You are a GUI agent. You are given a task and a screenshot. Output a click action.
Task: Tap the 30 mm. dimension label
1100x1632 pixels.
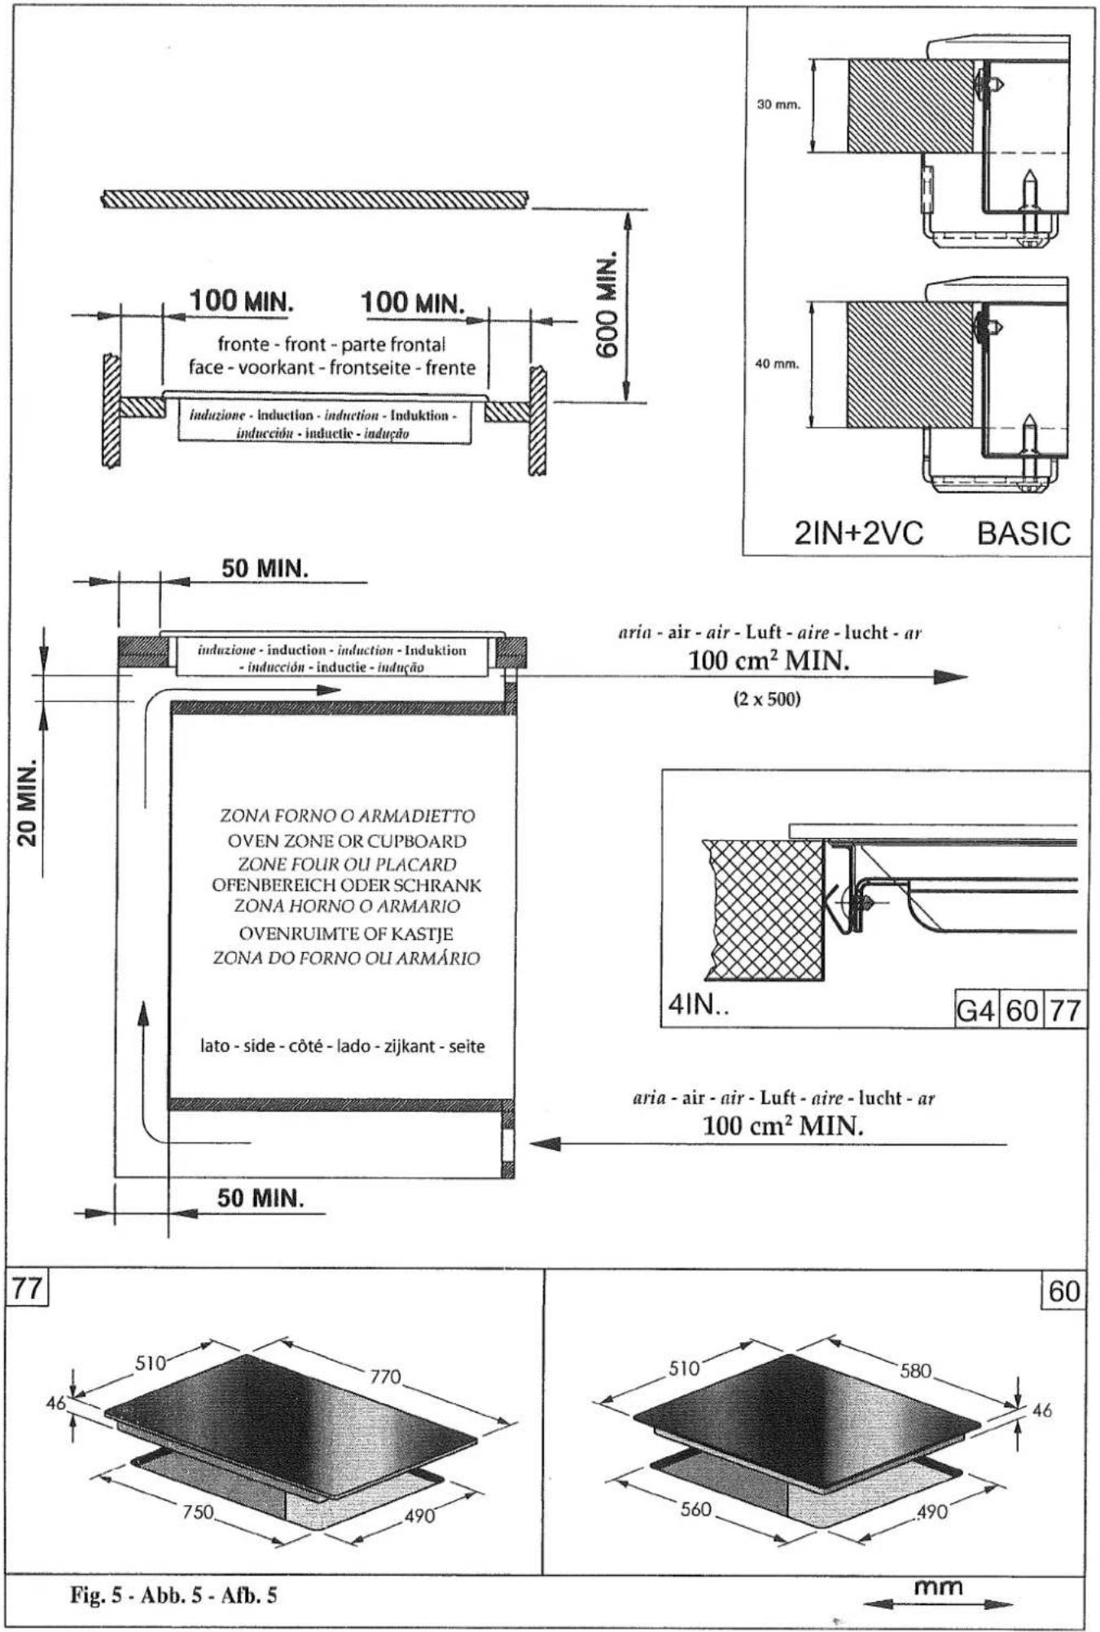779,105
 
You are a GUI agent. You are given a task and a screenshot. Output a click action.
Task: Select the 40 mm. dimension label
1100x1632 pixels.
778,364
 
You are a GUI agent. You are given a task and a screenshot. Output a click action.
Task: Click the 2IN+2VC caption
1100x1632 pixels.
858,533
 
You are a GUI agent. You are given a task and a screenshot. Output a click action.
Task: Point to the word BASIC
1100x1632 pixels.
1023,533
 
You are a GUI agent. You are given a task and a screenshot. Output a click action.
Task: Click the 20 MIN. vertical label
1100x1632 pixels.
28,803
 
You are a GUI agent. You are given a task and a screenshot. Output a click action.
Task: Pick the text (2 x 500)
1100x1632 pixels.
767,699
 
